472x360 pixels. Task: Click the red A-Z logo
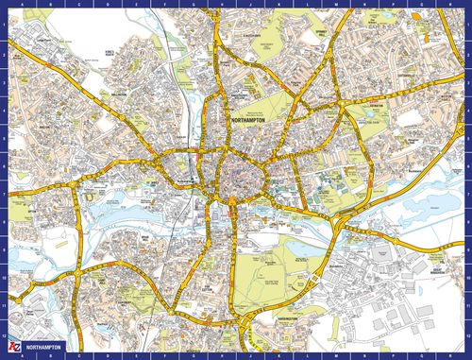click(9, 348)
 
